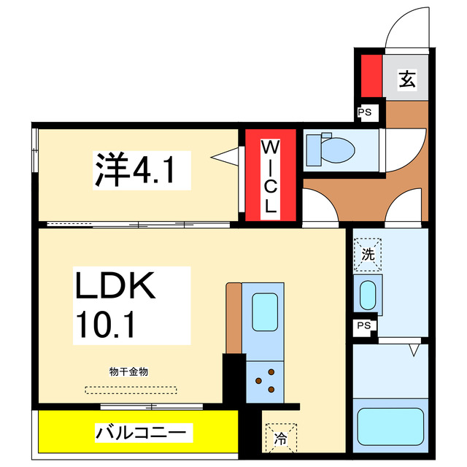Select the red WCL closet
click(270, 175)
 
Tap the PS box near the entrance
click(363, 112)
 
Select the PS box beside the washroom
click(363, 327)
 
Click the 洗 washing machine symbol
click(368, 255)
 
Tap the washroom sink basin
click(366, 295)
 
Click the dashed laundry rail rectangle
click(130, 390)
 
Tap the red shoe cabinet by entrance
click(371, 76)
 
